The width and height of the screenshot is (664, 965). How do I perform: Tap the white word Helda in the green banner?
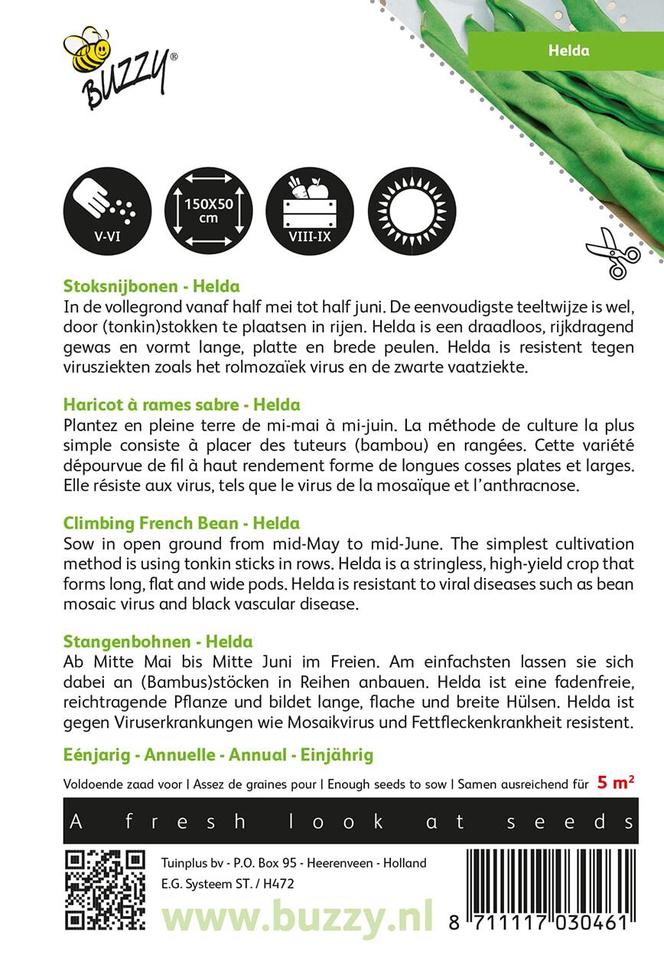[x=568, y=51]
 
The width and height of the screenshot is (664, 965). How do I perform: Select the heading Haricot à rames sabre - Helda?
[x=181, y=404]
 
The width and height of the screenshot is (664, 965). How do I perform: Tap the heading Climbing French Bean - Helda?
[x=181, y=524]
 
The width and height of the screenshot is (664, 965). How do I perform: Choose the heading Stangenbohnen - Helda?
[x=158, y=642]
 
